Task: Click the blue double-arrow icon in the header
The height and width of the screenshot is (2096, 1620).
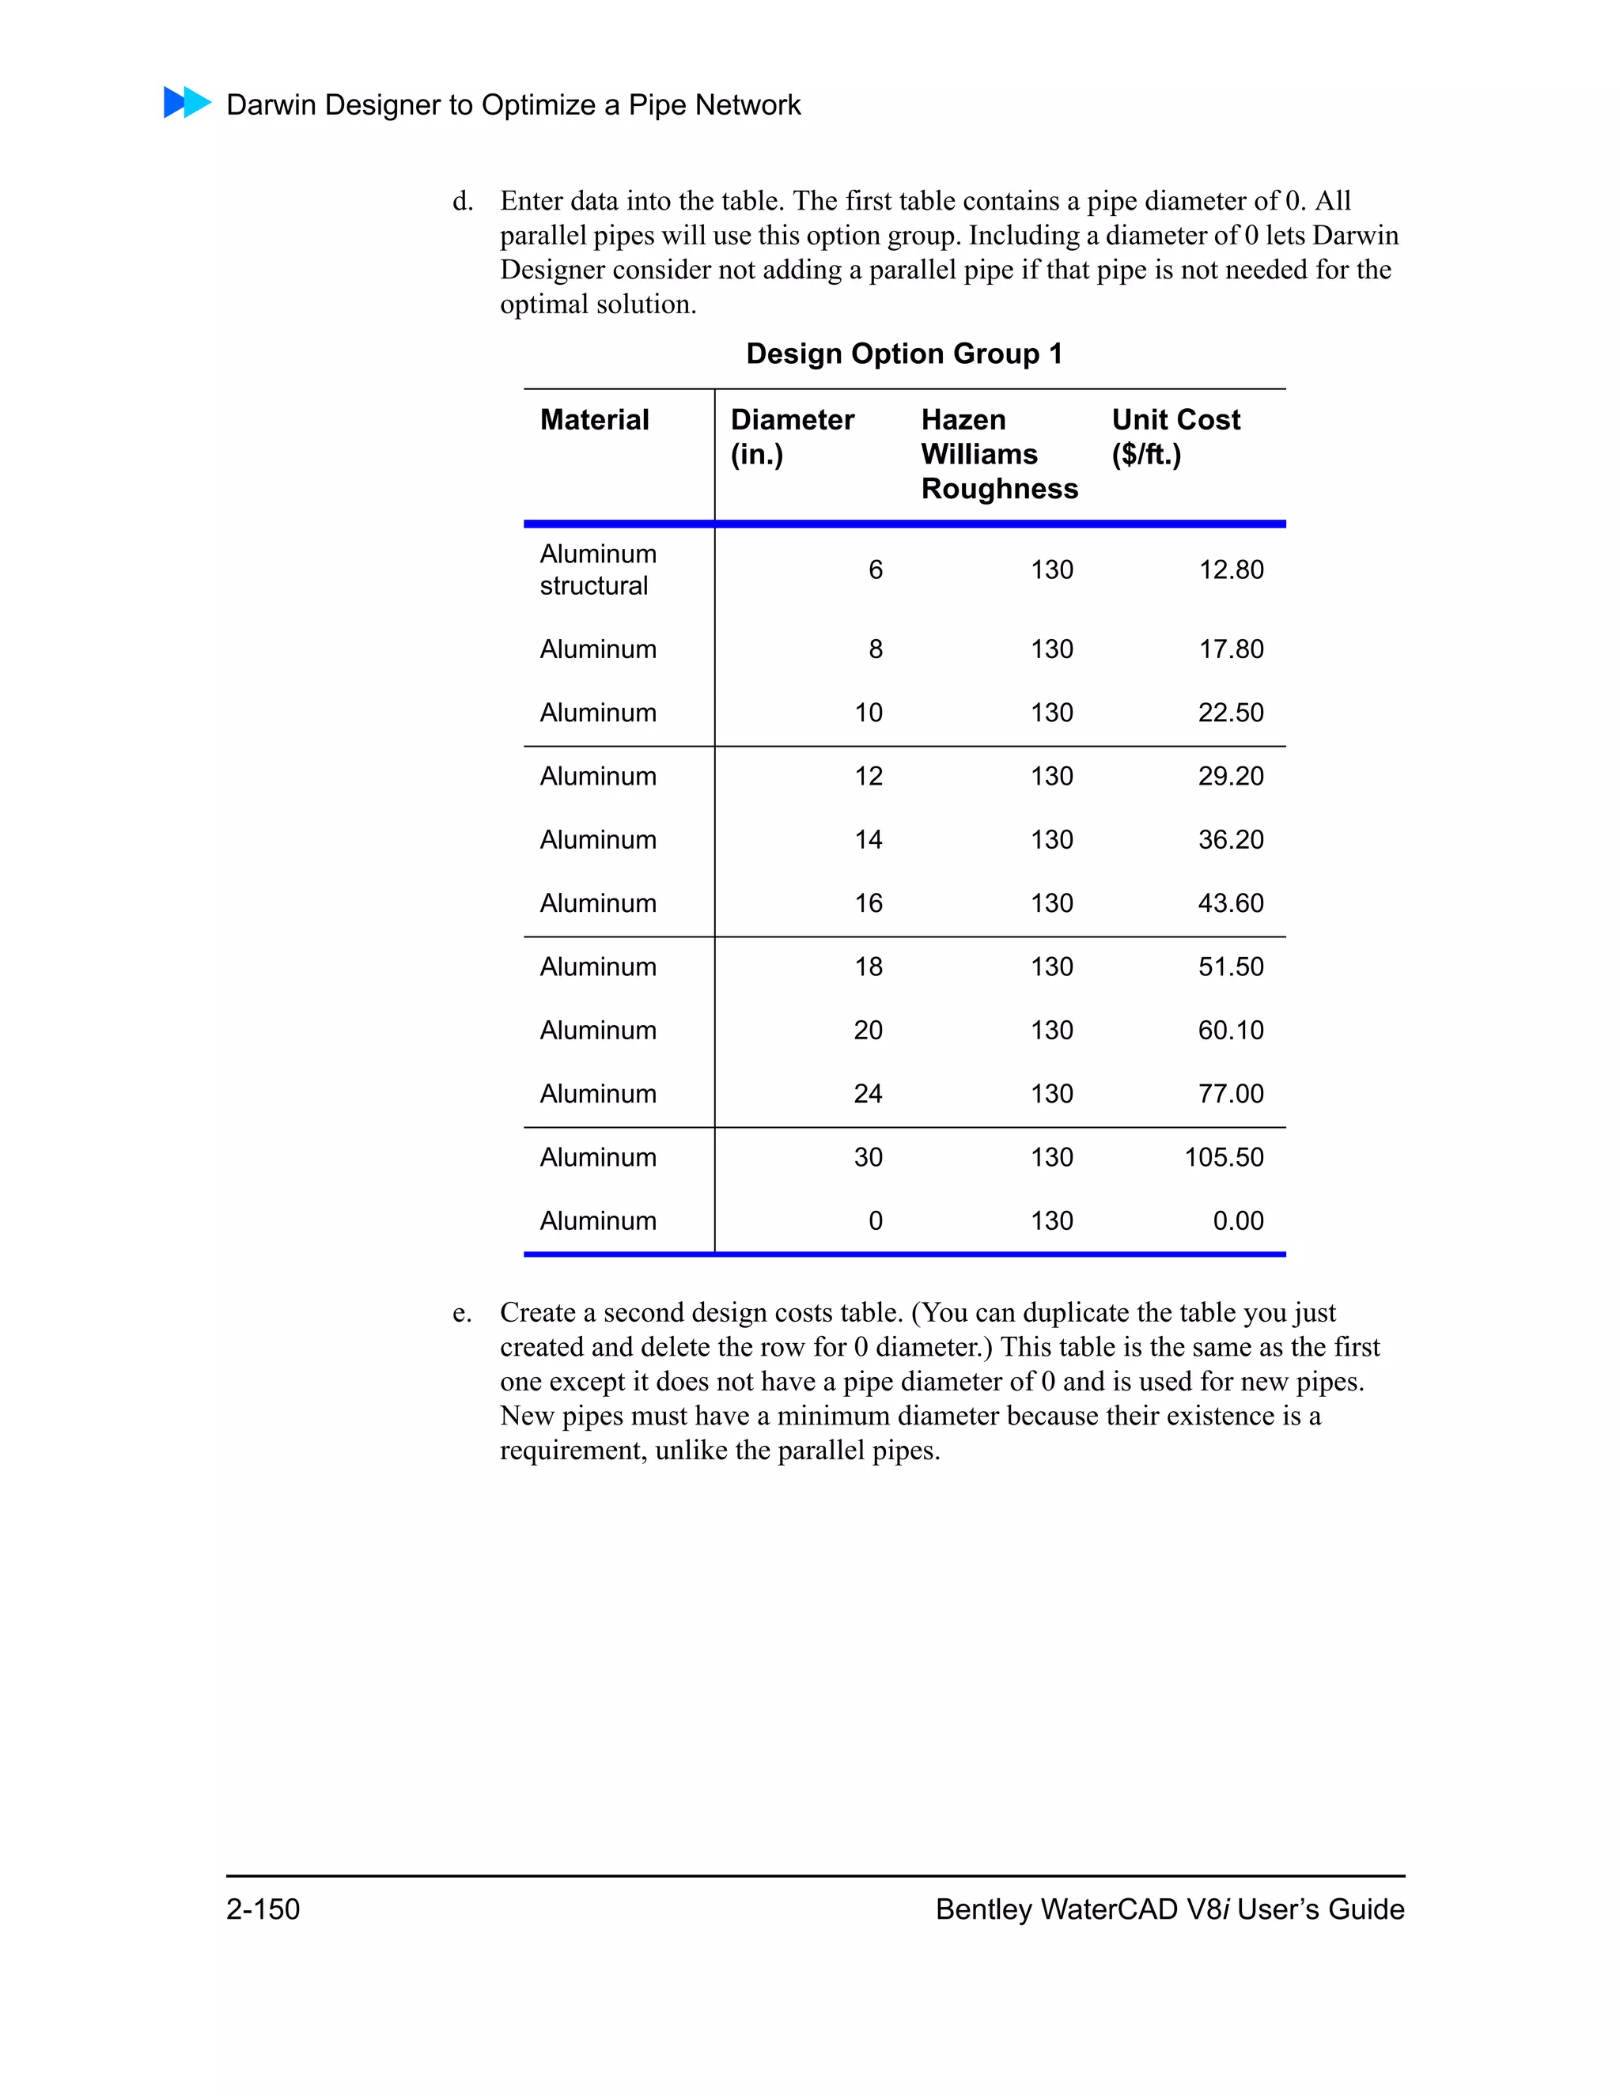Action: [x=187, y=103]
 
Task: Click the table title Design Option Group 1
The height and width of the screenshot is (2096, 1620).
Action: [x=904, y=354]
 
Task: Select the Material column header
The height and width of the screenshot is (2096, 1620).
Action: [x=594, y=419]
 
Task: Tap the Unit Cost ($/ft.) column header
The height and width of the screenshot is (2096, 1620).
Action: [x=1175, y=437]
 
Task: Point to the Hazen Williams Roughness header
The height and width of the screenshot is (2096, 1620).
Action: [x=998, y=454]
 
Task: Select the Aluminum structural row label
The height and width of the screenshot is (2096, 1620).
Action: [x=597, y=570]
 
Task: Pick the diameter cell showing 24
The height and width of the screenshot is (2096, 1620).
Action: [x=868, y=1094]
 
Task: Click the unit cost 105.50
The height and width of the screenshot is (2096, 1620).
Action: [x=1224, y=1157]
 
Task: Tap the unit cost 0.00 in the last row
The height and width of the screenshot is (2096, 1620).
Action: [x=1237, y=1220]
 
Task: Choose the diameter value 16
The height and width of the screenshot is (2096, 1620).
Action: [x=869, y=903]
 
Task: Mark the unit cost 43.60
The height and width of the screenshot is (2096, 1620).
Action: [x=1230, y=903]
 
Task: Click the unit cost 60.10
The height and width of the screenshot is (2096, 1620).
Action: [x=1230, y=1031]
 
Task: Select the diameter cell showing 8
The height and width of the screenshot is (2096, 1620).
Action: [x=876, y=649]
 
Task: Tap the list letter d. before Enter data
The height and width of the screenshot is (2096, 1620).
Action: [x=463, y=202]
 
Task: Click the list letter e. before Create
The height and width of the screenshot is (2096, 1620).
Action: [x=462, y=1313]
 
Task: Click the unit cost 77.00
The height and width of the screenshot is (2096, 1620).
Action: [x=1230, y=1094]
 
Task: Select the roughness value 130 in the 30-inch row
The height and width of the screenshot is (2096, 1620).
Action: [x=1052, y=1157]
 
